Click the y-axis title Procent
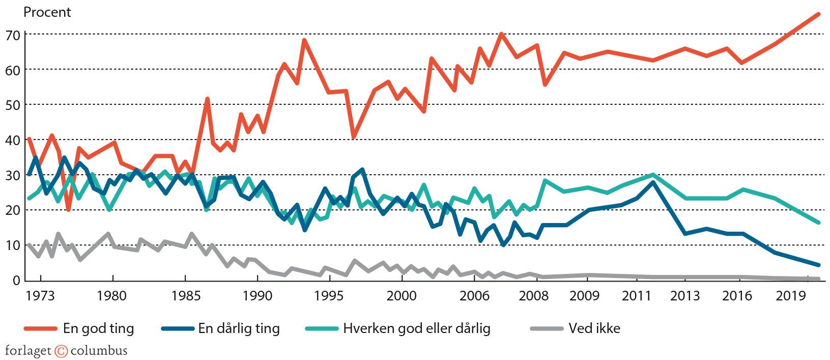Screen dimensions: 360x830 [x=47, y=12]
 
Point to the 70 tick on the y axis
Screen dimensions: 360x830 [x=13, y=35]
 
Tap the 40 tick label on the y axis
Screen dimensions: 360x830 [x=13, y=140]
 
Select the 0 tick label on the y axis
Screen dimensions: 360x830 [x=16, y=281]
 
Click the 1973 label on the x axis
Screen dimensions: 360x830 [x=40, y=296]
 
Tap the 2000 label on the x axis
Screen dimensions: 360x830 [x=402, y=296]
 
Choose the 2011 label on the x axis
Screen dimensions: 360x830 [x=636, y=296]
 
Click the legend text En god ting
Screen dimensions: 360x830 [x=98, y=328]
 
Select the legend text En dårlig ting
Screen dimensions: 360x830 [x=239, y=328]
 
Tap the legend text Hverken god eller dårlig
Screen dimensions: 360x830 [x=416, y=328]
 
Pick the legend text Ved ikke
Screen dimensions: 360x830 [x=594, y=328]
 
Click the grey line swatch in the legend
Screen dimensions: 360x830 [x=546, y=329]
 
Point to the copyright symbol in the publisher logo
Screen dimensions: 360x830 [x=61, y=351]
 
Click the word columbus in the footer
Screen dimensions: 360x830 [x=99, y=351]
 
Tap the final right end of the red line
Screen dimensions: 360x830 [x=818, y=14]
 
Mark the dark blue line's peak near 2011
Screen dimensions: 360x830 [x=653, y=182]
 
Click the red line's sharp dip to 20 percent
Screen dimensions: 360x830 [x=68, y=210]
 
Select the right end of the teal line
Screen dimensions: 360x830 [x=818, y=223]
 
